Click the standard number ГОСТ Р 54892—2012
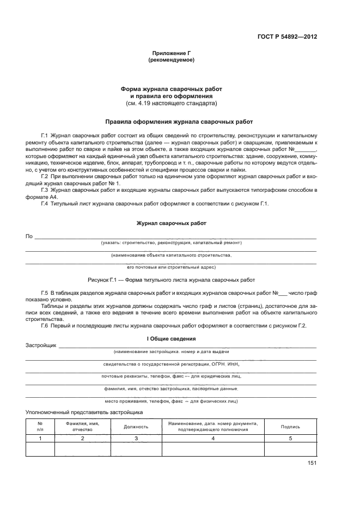pos(287,37)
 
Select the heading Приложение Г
pos(171,54)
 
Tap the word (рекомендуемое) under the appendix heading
pos(171,60)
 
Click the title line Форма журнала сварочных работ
pos(171,89)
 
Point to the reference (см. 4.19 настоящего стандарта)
pos(171,102)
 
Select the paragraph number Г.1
pos(45,134)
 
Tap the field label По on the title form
pos(29,236)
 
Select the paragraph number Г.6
pos(45,325)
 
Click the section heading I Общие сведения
pos(171,339)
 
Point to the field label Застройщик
pos(41,345)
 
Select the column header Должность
pos(136,427)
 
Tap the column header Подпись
pos(290,427)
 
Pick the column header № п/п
pos(40,427)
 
